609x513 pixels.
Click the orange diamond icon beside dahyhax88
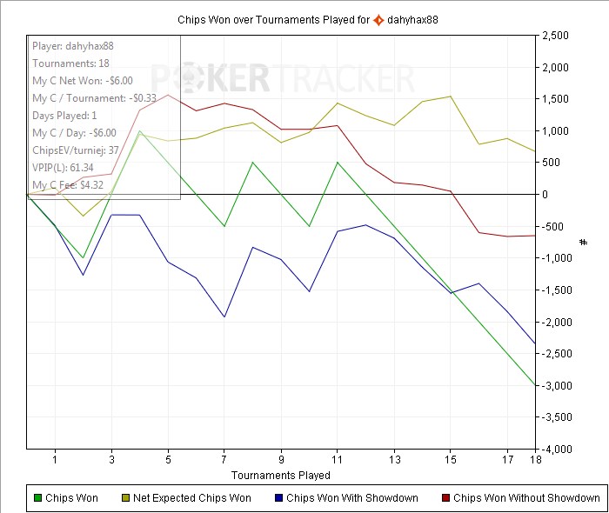coord(378,18)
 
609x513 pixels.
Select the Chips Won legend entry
coord(66,498)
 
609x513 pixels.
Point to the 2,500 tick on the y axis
coord(555,36)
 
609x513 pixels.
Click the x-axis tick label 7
coord(224,459)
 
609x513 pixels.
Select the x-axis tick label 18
coord(534,459)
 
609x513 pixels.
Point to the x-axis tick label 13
coord(394,459)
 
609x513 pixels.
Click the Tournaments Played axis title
coord(280,475)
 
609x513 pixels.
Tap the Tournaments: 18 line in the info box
coord(72,63)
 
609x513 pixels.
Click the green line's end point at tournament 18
coord(534,385)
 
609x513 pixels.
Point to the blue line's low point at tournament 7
coord(224,316)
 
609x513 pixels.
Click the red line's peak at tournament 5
coord(168,95)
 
